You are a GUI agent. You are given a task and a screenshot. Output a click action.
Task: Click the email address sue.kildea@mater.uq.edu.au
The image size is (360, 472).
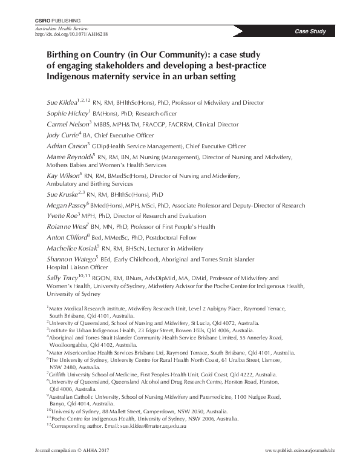tap(154, 427)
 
